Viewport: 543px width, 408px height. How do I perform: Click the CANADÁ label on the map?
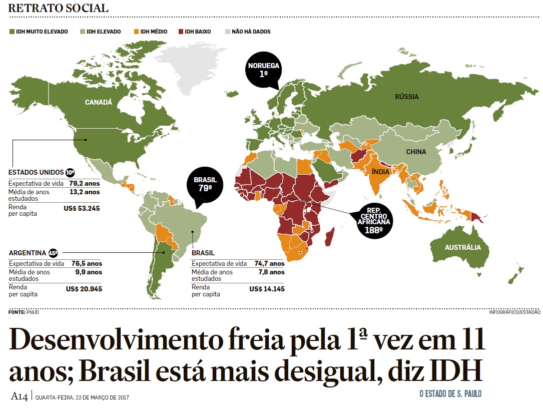tap(99, 102)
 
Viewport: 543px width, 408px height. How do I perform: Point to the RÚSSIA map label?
tap(406, 97)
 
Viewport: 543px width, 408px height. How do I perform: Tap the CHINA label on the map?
tap(416, 152)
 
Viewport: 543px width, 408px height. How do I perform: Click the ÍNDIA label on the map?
tap(381, 171)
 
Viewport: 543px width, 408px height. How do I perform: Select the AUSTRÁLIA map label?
tap(462, 247)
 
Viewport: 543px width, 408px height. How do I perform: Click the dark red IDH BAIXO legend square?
tap(181, 32)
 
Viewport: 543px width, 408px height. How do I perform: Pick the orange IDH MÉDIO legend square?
tap(136, 32)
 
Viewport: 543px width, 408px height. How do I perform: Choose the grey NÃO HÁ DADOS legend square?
tap(227, 32)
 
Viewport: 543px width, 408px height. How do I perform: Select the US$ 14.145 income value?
tap(267, 289)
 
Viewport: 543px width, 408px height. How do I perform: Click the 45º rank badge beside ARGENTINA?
tap(53, 253)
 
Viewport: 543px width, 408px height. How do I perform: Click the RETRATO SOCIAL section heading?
tap(58, 9)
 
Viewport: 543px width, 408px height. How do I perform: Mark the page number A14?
tap(20, 396)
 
